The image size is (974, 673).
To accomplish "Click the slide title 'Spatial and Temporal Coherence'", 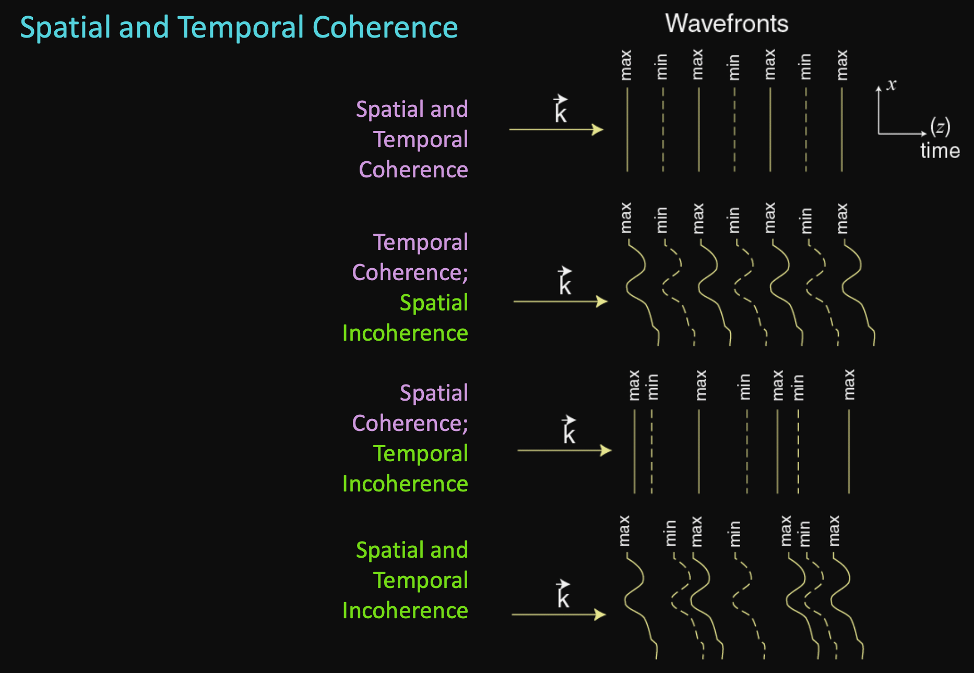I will tap(239, 27).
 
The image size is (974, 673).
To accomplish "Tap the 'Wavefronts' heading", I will tap(727, 23).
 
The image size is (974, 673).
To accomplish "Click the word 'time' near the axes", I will tap(940, 151).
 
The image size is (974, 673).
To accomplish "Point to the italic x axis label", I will tap(892, 85).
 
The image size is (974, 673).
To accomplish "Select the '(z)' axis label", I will tap(940, 127).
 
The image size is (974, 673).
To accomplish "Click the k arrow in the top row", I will tap(556, 129).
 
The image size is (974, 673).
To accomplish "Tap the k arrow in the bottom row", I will tap(559, 615).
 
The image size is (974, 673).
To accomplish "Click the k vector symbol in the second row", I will tap(565, 282).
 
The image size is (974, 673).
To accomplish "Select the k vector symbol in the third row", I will tap(568, 430).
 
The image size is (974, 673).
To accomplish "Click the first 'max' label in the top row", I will tap(626, 66).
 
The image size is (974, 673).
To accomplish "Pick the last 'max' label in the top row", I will tap(842, 66).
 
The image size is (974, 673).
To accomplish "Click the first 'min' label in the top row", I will tap(662, 67).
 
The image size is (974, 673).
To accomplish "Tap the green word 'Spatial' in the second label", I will tap(434, 303).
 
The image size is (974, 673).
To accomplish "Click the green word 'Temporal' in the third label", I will tap(421, 453).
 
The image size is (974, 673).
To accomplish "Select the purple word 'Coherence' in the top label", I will tap(413, 170).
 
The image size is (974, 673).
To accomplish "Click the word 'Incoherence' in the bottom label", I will tap(405, 610).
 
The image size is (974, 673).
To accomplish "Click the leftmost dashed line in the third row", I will tap(652, 451).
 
